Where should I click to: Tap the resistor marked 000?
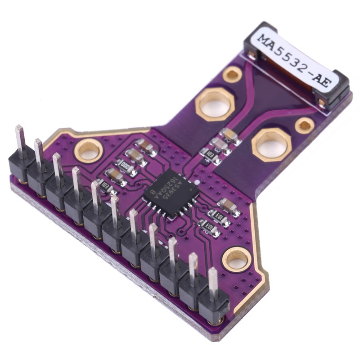(126, 166)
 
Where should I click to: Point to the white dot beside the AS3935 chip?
(197, 182)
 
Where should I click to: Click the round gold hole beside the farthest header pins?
(89, 150)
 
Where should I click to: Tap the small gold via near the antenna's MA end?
(232, 74)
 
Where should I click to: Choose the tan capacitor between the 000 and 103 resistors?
(116, 175)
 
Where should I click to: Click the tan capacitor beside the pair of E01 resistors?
(228, 206)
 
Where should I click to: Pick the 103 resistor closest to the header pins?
(104, 185)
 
